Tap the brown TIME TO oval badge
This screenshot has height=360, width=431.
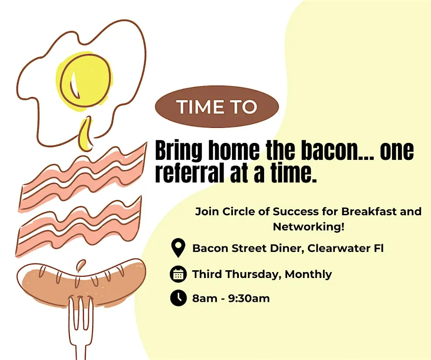click(x=217, y=107)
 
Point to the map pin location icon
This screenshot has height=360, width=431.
click(x=178, y=248)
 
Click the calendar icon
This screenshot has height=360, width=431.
click(x=178, y=274)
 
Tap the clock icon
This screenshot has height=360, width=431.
click(x=178, y=298)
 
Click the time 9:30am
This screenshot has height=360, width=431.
click(x=249, y=298)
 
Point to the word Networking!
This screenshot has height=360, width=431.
click(x=309, y=227)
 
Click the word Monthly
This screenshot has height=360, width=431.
click(x=308, y=274)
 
